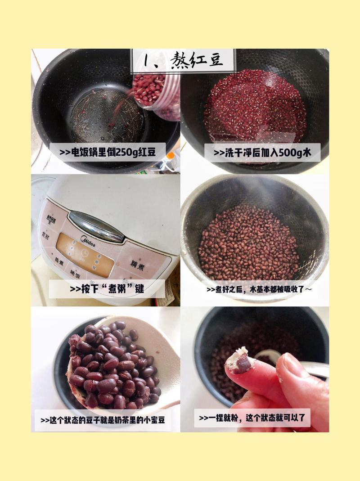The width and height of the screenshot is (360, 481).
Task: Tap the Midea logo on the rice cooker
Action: (88, 241)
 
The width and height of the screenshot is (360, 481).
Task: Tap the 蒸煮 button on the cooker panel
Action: (59, 260)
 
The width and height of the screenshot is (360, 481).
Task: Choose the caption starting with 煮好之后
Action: (259, 289)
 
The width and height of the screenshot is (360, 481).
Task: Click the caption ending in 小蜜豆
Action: (102, 420)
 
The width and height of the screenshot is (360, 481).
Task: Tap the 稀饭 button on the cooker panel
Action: (74, 272)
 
